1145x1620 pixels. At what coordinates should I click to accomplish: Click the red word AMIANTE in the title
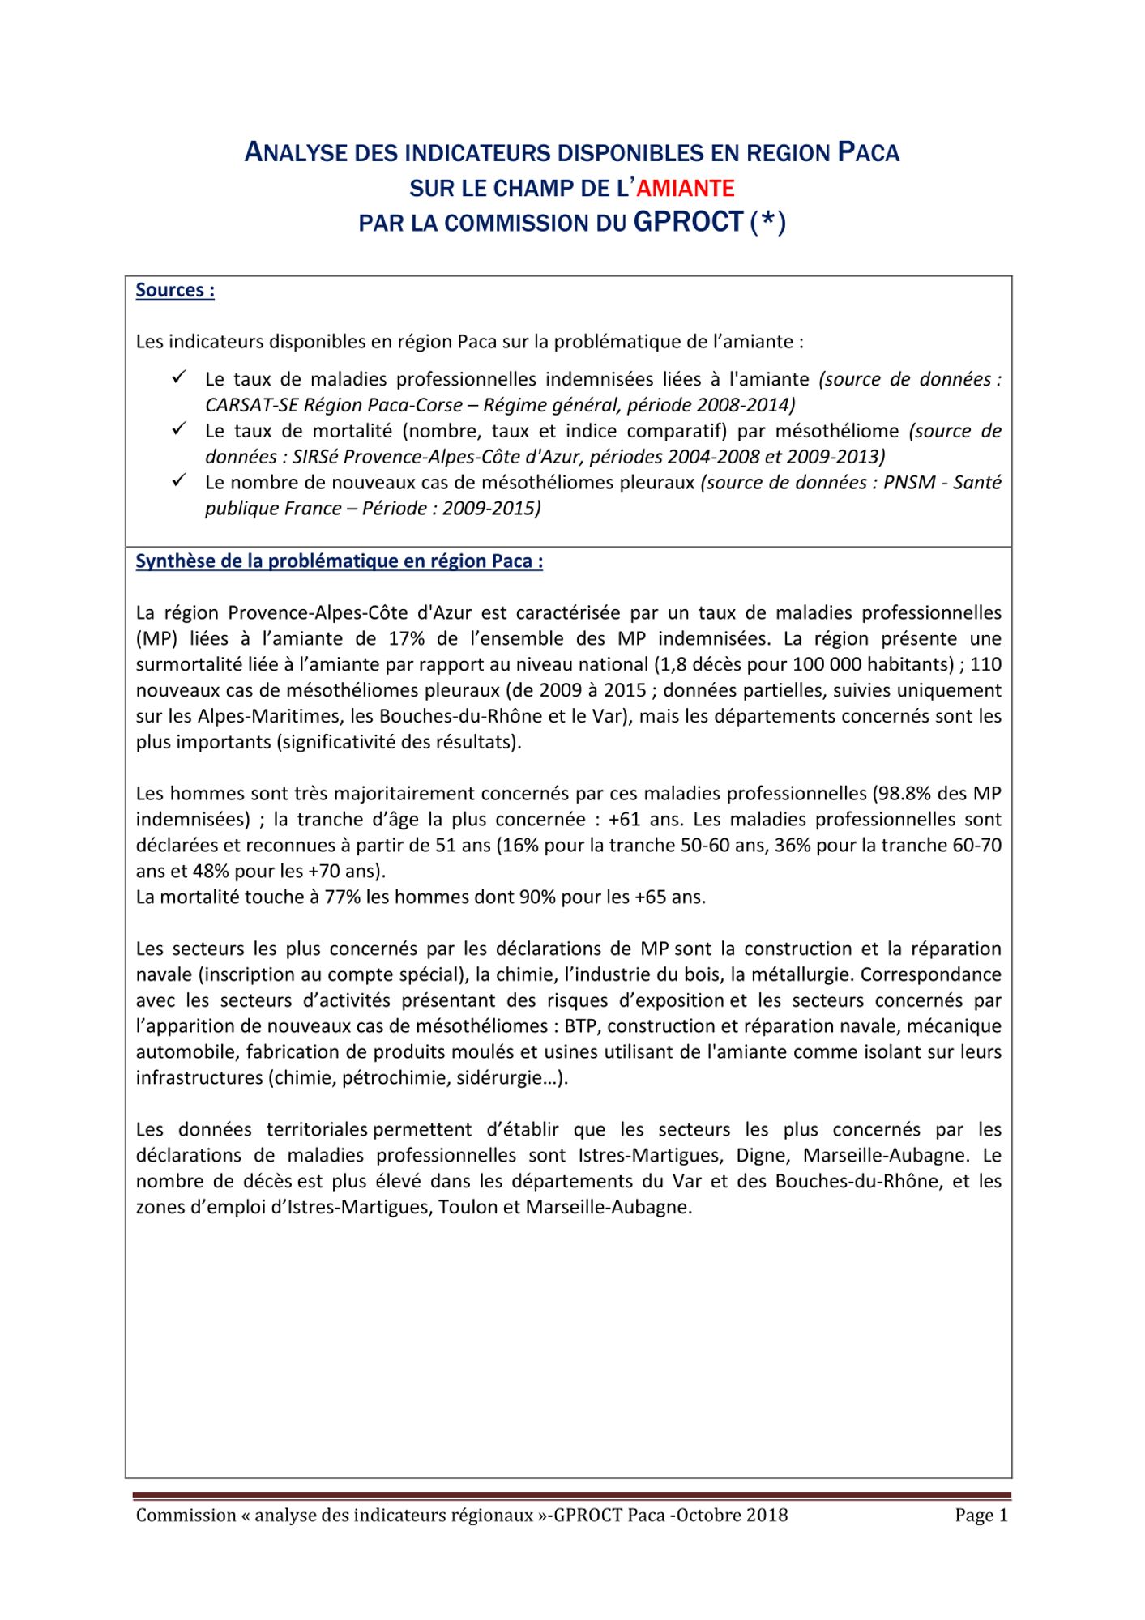tap(686, 189)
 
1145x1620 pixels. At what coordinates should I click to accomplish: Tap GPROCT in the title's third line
tap(688, 222)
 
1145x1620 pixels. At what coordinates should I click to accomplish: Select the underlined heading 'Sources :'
tap(175, 290)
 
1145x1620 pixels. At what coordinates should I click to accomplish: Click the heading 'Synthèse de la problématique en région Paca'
tap(339, 561)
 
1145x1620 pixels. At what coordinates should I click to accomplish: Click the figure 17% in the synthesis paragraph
tap(408, 638)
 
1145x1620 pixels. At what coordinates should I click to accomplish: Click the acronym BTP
tap(581, 1026)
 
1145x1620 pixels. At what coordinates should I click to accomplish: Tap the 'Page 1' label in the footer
tap(981, 1516)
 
